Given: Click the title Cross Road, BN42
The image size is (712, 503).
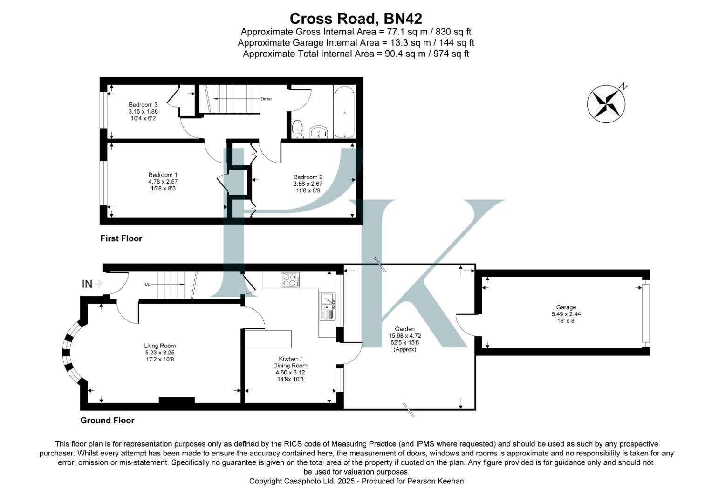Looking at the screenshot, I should click(356, 19).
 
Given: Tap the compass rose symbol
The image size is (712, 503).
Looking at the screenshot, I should click(606, 104).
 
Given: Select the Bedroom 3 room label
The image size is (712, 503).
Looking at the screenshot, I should click(143, 105).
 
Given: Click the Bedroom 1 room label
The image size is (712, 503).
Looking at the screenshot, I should click(163, 175).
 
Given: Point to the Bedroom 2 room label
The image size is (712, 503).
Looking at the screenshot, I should click(308, 177).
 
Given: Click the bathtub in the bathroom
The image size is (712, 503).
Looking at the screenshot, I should click(344, 112).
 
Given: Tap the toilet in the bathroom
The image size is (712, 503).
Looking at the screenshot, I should click(297, 129).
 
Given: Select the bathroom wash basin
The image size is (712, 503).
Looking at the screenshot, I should click(319, 132).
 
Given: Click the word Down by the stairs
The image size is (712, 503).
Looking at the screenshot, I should click(266, 99).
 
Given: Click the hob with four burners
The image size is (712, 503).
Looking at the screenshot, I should click(290, 280).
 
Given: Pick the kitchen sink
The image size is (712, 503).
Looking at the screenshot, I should click(327, 306).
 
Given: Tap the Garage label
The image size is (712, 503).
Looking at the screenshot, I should click(566, 307).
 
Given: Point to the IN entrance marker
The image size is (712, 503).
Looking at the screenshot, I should click(87, 284).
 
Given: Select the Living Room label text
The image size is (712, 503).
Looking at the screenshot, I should click(160, 346).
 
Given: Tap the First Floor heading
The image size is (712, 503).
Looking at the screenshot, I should click(121, 238).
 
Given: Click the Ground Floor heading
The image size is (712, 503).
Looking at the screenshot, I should click(107, 421).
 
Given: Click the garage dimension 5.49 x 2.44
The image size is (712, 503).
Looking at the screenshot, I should click(566, 314).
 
